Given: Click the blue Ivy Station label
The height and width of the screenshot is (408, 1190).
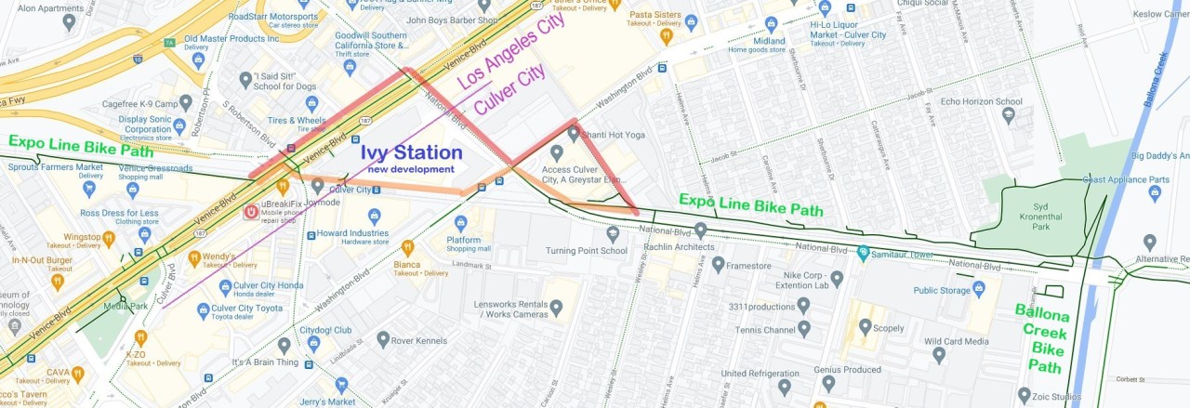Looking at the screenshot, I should click(411, 152).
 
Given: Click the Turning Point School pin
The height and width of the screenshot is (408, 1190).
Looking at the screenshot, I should click(613, 233).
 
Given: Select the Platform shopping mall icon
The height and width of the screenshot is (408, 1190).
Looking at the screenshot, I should click(460, 223).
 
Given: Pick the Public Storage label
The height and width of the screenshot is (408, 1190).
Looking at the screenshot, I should click(941, 290).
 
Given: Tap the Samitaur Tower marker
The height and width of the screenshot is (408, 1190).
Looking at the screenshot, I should click(863, 252).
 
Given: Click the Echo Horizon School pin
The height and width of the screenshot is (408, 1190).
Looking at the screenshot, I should click(1009, 115).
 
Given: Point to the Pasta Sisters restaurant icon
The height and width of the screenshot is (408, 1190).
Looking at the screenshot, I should click(666, 36).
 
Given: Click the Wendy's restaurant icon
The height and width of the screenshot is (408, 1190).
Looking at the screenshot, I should click(193, 257).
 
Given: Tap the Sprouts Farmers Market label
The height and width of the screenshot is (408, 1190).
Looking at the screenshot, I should click(55, 167).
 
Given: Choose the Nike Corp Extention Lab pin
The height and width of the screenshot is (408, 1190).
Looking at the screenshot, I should click(836, 278).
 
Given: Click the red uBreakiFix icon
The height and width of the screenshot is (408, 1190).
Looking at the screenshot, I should click(251, 212).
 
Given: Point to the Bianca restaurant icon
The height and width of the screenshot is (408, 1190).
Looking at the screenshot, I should click(407, 247).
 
